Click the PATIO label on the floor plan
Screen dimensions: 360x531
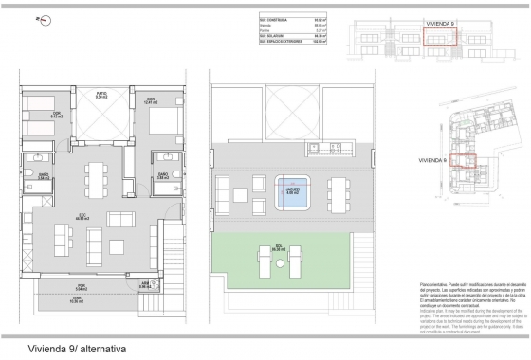(100, 96)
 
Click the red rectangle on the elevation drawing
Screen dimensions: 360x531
(439, 38)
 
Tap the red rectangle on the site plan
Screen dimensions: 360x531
(461, 160)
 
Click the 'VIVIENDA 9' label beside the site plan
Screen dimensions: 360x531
(432, 161)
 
